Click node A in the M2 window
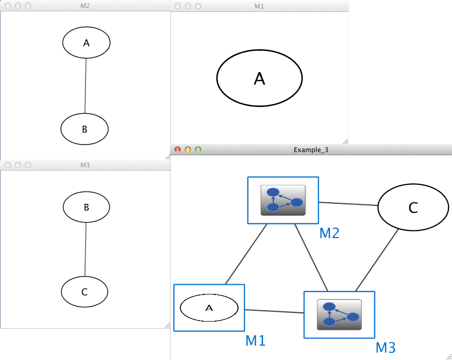click(86, 43)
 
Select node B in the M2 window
click(84, 129)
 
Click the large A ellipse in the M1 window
click(260, 78)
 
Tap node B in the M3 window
click(86, 207)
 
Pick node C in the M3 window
click(84, 292)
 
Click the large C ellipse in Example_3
click(413, 207)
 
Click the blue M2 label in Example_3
click(329, 234)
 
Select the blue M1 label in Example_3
click(255, 340)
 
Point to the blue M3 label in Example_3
click(385, 348)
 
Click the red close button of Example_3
click(178, 150)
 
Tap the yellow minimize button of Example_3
click(188, 150)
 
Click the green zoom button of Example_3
click(198, 150)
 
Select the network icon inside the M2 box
click(283, 200)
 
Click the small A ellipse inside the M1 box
click(209, 308)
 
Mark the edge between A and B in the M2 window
click(85, 86)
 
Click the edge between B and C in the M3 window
click(85, 250)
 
